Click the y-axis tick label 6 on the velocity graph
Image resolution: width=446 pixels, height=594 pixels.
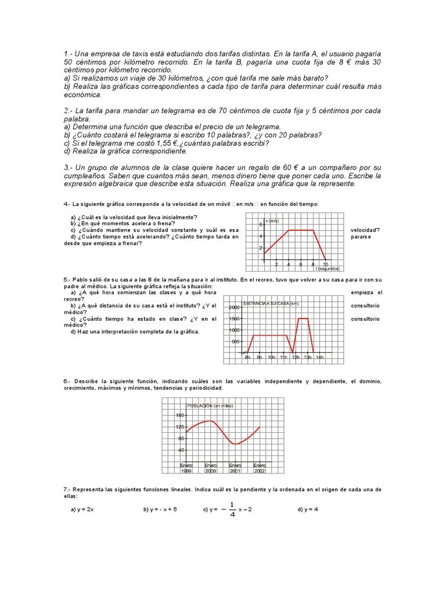coord(261,224)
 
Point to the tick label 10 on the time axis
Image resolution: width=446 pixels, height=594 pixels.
coord(325,265)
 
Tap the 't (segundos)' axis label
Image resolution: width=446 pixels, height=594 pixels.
coord(328,269)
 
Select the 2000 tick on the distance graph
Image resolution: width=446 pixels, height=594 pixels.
coord(233,307)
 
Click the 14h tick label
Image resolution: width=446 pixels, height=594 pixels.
coord(320,357)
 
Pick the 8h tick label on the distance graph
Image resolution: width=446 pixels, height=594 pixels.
coord(247,357)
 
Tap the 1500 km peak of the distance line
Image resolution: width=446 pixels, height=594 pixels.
coord(303,318)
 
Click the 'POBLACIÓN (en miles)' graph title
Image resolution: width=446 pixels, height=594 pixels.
coord(210,405)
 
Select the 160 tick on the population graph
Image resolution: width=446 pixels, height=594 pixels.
coord(179,415)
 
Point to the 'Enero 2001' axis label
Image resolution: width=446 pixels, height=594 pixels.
coord(235,468)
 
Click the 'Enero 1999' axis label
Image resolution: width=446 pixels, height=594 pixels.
coord(186,468)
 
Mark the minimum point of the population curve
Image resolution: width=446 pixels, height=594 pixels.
coord(235,444)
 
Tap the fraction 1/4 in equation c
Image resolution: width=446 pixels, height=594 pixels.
coord(232,509)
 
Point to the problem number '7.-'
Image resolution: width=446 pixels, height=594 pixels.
coord(67,490)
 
